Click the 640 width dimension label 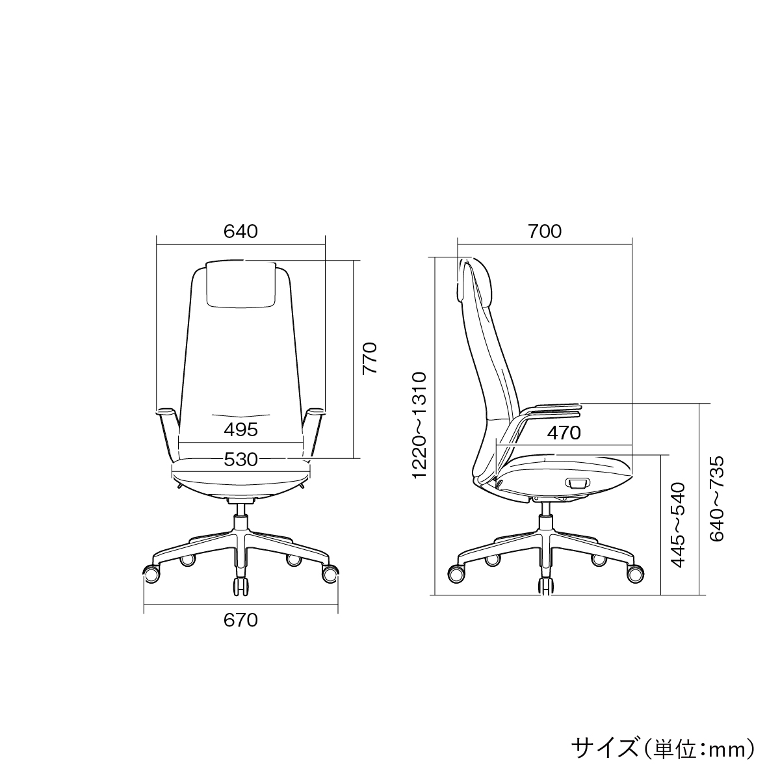tap(240, 231)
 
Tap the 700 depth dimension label tap(545, 231)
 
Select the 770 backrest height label tap(370, 358)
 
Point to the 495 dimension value tap(241, 430)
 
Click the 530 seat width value tap(241, 460)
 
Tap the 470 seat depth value tap(564, 433)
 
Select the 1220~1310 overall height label tap(420, 425)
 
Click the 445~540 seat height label tap(677, 525)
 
